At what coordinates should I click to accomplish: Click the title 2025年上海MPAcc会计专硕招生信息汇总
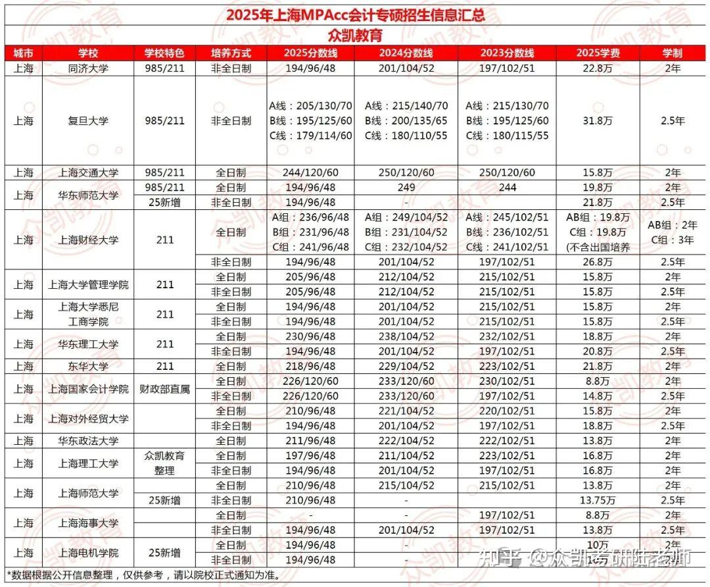[356, 15]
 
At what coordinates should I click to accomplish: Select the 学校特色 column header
[164, 53]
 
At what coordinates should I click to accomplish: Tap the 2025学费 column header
[598, 53]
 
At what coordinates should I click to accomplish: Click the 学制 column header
[673, 53]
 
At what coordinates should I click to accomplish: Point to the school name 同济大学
[88, 68]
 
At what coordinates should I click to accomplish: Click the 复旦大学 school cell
[88, 121]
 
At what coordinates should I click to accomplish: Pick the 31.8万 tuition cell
[598, 121]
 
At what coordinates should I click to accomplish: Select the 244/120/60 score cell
[310, 173]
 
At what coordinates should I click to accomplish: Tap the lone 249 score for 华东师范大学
[406, 188]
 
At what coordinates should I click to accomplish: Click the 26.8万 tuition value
[598, 262]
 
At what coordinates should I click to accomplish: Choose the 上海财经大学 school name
[88, 240]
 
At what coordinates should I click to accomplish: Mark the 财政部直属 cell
[164, 389]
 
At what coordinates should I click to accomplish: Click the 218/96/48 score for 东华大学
[310, 367]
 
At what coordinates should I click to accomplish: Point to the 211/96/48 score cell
[310, 441]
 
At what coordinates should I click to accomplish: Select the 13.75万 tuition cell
[598, 500]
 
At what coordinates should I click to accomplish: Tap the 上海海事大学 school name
[88, 523]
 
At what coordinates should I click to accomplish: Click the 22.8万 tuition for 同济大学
[598, 68]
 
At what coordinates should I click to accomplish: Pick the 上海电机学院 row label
[88, 553]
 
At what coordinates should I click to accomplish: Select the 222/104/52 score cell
[406, 441]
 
